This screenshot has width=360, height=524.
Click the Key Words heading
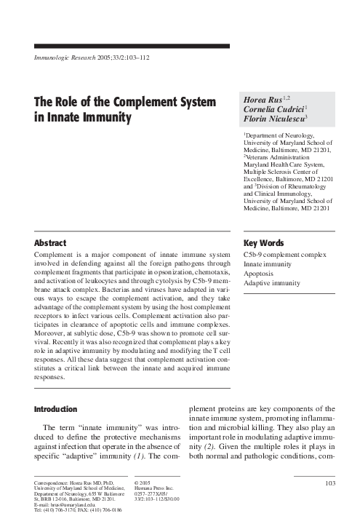point(263,243)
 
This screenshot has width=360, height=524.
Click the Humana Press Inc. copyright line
point(156,488)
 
